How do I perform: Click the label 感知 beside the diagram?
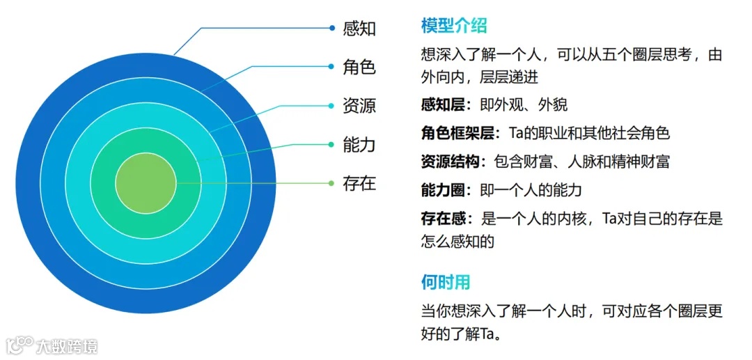pyautogui.click(x=359, y=29)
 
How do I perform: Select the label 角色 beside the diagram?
pyautogui.click(x=359, y=67)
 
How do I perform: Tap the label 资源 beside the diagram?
pyautogui.click(x=359, y=106)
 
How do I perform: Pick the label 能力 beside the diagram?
pyautogui.click(x=359, y=145)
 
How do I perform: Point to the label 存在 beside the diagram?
pyautogui.click(x=359, y=183)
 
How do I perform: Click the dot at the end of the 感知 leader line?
pyautogui.click(x=332, y=28)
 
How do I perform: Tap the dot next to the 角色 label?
pyautogui.click(x=332, y=67)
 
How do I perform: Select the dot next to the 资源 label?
pyautogui.click(x=332, y=106)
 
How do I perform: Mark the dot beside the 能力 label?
pyautogui.click(x=332, y=145)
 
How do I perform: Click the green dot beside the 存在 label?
pyautogui.click(x=332, y=183)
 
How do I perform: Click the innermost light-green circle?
pyautogui.click(x=146, y=184)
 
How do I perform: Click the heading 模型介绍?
pyautogui.click(x=454, y=26)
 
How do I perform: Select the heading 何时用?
pyautogui.click(x=446, y=282)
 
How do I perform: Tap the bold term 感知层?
pyautogui.click(x=442, y=104)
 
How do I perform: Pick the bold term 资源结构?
pyautogui.click(x=448, y=162)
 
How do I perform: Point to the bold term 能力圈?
pyautogui.click(x=442, y=190)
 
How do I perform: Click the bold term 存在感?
pyautogui.click(x=442, y=219)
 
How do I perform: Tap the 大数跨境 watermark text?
pyautogui.click(x=68, y=345)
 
